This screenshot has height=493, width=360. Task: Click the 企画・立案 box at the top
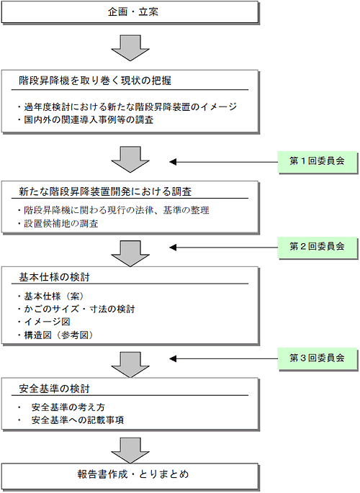pyautogui.click(x=130, y=12)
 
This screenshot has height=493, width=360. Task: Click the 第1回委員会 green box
pyautogui.click(x=318, y=162)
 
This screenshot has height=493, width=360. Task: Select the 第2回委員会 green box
pyautogui.click(x=318, y=247)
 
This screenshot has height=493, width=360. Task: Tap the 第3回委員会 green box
pyautogui.click(x=318, y=358)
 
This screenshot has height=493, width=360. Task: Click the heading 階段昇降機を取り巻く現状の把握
pyautogui.click(x=95, y=81)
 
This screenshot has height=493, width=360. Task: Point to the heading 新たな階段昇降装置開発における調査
pyautogui.click(x=105, y=191)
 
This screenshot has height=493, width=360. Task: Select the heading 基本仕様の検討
pyautogui.click(x=54, y=277)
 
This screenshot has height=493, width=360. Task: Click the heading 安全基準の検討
pyautogui.click(x=54, y=389)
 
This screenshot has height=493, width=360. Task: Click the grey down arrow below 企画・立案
pyautogui.click(x=130, y=48)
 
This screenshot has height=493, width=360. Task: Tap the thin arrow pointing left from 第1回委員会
pyautogui.click(x=223, y=162)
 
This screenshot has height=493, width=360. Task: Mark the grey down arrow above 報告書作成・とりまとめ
pyautogui.click(x=130, y=451)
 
